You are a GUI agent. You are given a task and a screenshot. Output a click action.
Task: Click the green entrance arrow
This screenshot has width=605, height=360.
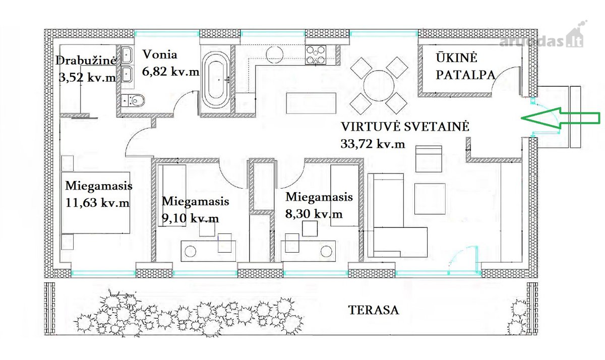click(x=561, y=118)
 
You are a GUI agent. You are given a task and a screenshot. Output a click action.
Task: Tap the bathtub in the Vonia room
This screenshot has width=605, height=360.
click(x=216, y=80)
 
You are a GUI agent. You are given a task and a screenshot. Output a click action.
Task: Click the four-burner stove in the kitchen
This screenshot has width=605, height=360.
click(x=316, y=55)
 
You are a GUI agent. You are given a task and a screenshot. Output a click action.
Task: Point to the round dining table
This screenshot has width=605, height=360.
click(x=379, y=86)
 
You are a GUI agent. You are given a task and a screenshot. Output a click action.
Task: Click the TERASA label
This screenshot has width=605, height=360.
click(x=374, y=310)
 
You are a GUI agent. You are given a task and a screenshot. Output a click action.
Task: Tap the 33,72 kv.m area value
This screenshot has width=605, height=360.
click(x=373, y=144)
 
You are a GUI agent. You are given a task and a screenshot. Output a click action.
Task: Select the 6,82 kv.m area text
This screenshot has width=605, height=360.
click(x=171, y=72)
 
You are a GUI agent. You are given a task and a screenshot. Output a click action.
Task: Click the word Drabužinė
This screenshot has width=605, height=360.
click(x=86, y=61)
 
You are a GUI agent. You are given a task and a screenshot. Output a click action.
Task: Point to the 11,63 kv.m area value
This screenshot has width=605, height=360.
click(x=97, y=203)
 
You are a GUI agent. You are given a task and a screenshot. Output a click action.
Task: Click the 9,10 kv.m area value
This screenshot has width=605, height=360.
click(x=190, y=218)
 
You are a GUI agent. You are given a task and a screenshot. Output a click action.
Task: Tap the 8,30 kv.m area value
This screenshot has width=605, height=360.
click(x=314, y=214)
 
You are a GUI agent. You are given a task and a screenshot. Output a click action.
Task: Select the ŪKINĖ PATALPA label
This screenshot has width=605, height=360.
click(x=466, y=66)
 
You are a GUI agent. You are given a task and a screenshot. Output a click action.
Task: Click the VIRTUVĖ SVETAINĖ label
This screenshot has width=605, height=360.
click(x=405, y=127)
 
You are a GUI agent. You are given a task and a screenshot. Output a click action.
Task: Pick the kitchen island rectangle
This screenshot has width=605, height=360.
click(x=311, y=103)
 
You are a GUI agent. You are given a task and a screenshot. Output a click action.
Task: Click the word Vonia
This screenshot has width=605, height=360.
click(x=160, y=54)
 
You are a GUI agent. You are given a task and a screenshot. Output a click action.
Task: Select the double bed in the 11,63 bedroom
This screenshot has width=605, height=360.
click(x=96, y=203)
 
